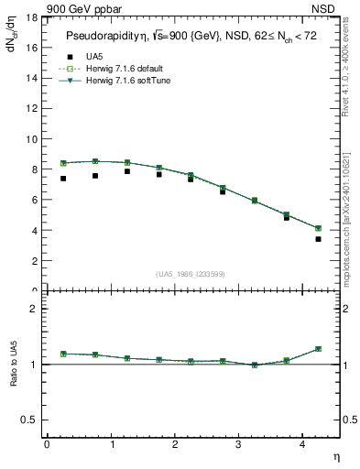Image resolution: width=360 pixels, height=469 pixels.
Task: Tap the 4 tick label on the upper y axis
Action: [34, 230]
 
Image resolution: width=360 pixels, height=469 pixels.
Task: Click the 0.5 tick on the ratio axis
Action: [30, 420]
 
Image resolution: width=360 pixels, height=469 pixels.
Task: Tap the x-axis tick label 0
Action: [47, 444]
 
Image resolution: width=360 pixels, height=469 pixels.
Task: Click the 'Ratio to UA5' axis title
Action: [15, 377]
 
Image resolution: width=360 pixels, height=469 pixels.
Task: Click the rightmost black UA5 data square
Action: [318, 239]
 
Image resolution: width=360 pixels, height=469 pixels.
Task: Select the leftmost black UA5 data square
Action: [63, 179]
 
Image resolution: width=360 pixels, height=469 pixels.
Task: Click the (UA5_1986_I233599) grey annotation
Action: [191, 274]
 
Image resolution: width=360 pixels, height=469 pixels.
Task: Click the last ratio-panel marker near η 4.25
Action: [318, 349]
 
